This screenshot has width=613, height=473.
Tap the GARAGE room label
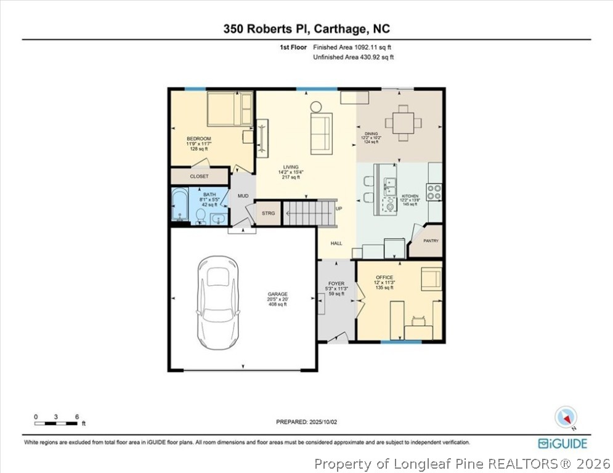[277, 294]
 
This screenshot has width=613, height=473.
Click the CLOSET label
[199, 176]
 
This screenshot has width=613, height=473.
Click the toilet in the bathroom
[200, 215]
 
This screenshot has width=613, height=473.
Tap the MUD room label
[243, 196]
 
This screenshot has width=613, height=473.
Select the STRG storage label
[269, 213]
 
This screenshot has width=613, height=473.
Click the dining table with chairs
[404, 121]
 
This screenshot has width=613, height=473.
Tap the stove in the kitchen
[434, 192]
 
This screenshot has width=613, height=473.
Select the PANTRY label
[431, 241]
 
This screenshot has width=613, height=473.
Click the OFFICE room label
[384, 278]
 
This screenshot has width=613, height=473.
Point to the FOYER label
[336, 284]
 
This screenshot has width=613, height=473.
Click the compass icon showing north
[565, 417]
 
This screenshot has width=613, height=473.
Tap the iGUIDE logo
[562, 443]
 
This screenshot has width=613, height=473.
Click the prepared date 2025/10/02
[306, 422]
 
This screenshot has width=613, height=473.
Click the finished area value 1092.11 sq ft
[352, 47]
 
